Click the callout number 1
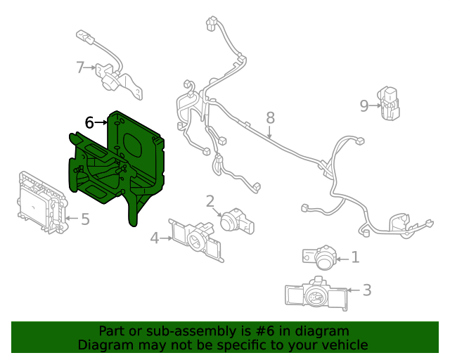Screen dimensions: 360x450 click(355, 258)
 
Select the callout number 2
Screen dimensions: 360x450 click(210, 202)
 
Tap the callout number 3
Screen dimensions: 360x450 click(366, 290)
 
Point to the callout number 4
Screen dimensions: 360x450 click(155, 238)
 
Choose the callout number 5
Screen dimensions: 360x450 click(84, 219)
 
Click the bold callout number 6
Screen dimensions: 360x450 click(89, 122)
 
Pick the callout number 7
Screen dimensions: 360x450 click(80, 67)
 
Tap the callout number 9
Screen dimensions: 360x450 click(364, 105)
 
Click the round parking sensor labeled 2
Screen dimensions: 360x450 click(234, 221)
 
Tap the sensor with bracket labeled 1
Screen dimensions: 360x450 click(322, 258)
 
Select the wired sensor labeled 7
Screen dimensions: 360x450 click(112, 74)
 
